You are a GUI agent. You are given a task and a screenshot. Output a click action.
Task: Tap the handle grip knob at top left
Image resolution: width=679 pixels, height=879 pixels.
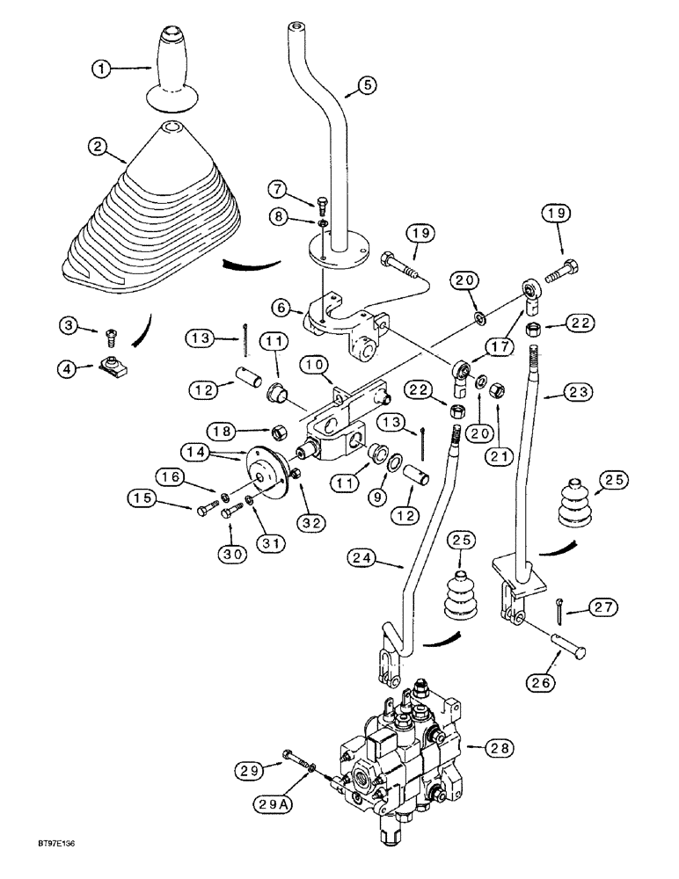click(x=173, y=66)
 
